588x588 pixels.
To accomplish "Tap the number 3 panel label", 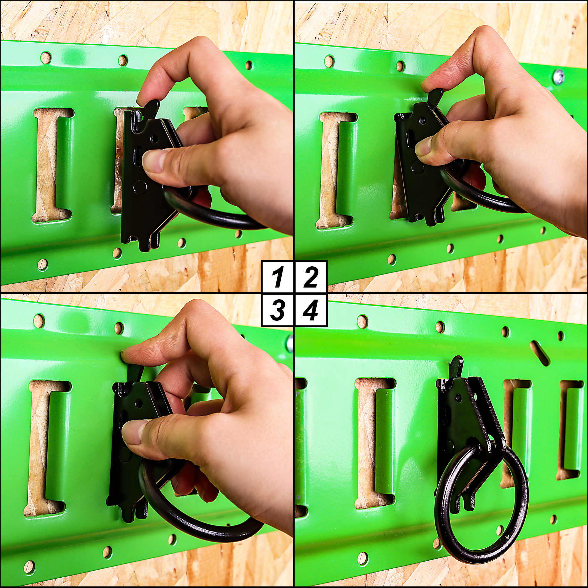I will pos(278,310).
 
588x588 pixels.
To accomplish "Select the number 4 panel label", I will pos(311,310).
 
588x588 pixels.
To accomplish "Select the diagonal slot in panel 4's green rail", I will pos(539,353).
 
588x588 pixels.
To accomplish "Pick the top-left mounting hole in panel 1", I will pos(46,58).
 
